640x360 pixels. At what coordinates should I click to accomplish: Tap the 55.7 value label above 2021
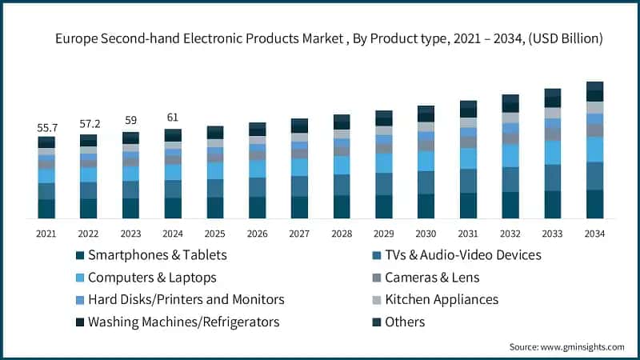(x=46, y=128)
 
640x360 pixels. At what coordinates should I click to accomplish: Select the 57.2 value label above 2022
(x=89, y=125)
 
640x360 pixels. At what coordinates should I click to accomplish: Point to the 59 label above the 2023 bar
(x=130, y=121)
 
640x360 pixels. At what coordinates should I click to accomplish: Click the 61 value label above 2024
(x=173, y=118)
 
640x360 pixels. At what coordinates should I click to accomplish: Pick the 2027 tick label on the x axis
(x=299, y=234)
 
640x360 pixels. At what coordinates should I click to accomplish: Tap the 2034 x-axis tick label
(x=594, y=234)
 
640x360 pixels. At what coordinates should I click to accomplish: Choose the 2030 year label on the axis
(x=426, y=234)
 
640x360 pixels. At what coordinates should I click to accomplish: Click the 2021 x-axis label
(x=46, y=234)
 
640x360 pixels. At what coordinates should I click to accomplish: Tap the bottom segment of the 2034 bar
(x=594, y=204)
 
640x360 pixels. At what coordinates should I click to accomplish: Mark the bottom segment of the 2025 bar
(x=215, y=208)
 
